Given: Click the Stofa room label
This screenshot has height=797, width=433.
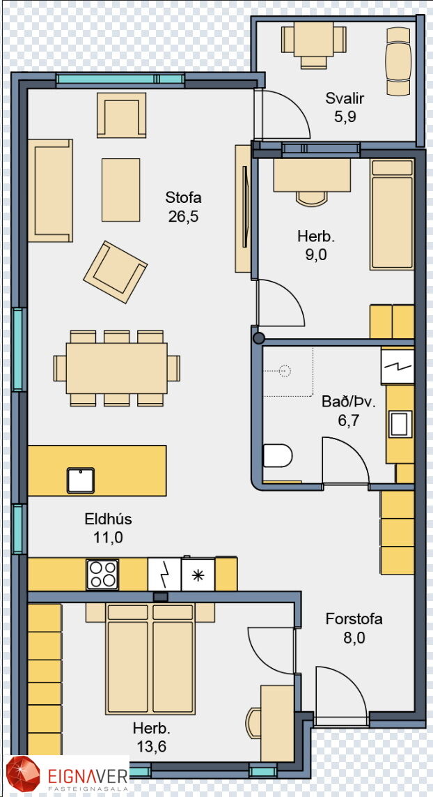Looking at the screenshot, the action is coord(183,197).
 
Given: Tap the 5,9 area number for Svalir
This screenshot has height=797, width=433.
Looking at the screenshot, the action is coord(345,117).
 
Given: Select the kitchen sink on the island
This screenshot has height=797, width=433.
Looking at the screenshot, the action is coord(81,480).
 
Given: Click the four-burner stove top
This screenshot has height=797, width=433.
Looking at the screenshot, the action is coord(102,575).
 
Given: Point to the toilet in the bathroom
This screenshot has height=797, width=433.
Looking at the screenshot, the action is coord(277,455).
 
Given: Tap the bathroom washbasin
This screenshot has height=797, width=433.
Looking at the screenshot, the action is coord(400,424).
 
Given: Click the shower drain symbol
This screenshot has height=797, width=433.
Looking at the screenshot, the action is coord(286,371).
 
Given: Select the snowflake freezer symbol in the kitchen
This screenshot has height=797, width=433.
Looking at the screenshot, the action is coord(198,575).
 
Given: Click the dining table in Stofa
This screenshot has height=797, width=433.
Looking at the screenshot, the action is coord(117,368).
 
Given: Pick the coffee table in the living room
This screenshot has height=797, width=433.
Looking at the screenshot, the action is coord(121,190).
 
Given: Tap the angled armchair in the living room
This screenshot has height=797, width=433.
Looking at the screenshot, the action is coord(116,272).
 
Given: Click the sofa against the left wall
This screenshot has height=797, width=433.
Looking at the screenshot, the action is coord(50,190).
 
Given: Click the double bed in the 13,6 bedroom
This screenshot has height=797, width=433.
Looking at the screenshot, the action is coord(151,660).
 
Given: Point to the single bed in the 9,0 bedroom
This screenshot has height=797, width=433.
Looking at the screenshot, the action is coord(391,215).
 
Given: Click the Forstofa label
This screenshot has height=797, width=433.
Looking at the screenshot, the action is coord(354,619).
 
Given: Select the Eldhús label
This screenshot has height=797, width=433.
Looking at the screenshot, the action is coord(108,519).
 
